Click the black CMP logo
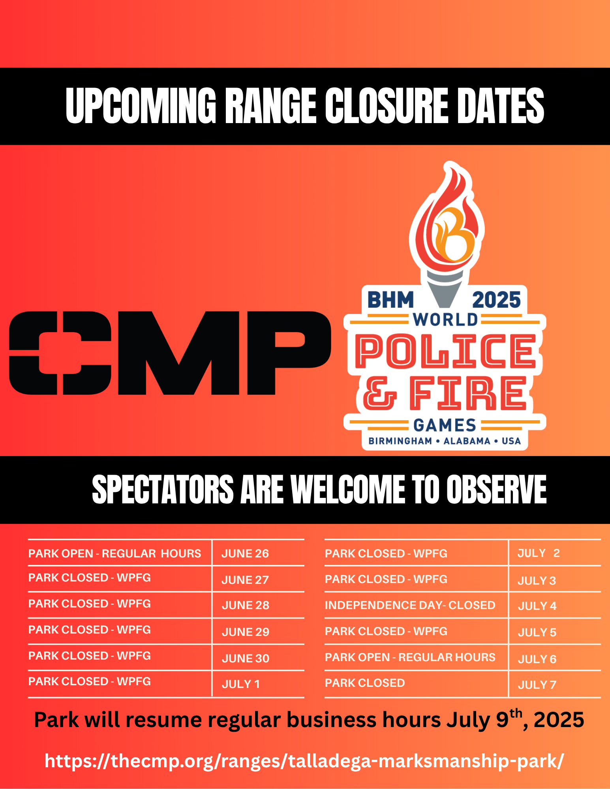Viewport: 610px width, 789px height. [x=170, y=353]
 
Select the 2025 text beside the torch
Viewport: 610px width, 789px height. [x=497, y=300]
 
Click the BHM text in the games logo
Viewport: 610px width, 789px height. [x=390, y=300]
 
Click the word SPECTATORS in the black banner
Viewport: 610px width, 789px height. [x=163, y=490]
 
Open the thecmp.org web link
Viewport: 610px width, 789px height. [x=304, y=761]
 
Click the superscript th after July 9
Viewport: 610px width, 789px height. [x=516, y=714]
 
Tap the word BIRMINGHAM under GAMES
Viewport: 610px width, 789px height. [x=400, y=441]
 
